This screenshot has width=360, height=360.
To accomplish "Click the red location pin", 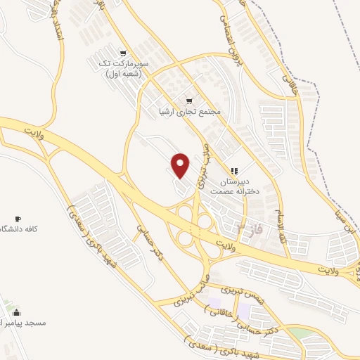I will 181,165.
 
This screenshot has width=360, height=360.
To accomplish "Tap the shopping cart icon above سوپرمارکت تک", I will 124,53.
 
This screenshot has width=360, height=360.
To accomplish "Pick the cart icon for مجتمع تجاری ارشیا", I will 189,101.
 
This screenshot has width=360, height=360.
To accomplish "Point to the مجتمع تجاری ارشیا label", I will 191,112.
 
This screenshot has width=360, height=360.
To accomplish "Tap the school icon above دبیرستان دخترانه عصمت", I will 235,170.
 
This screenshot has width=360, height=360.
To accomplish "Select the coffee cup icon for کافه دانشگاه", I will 18,219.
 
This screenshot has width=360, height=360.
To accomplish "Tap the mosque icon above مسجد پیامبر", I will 17,312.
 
